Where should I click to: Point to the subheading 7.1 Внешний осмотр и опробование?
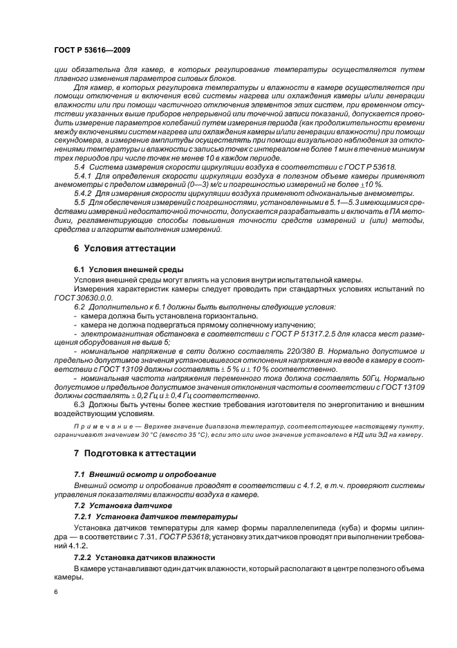pyautogui.click(x=144, y=474)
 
